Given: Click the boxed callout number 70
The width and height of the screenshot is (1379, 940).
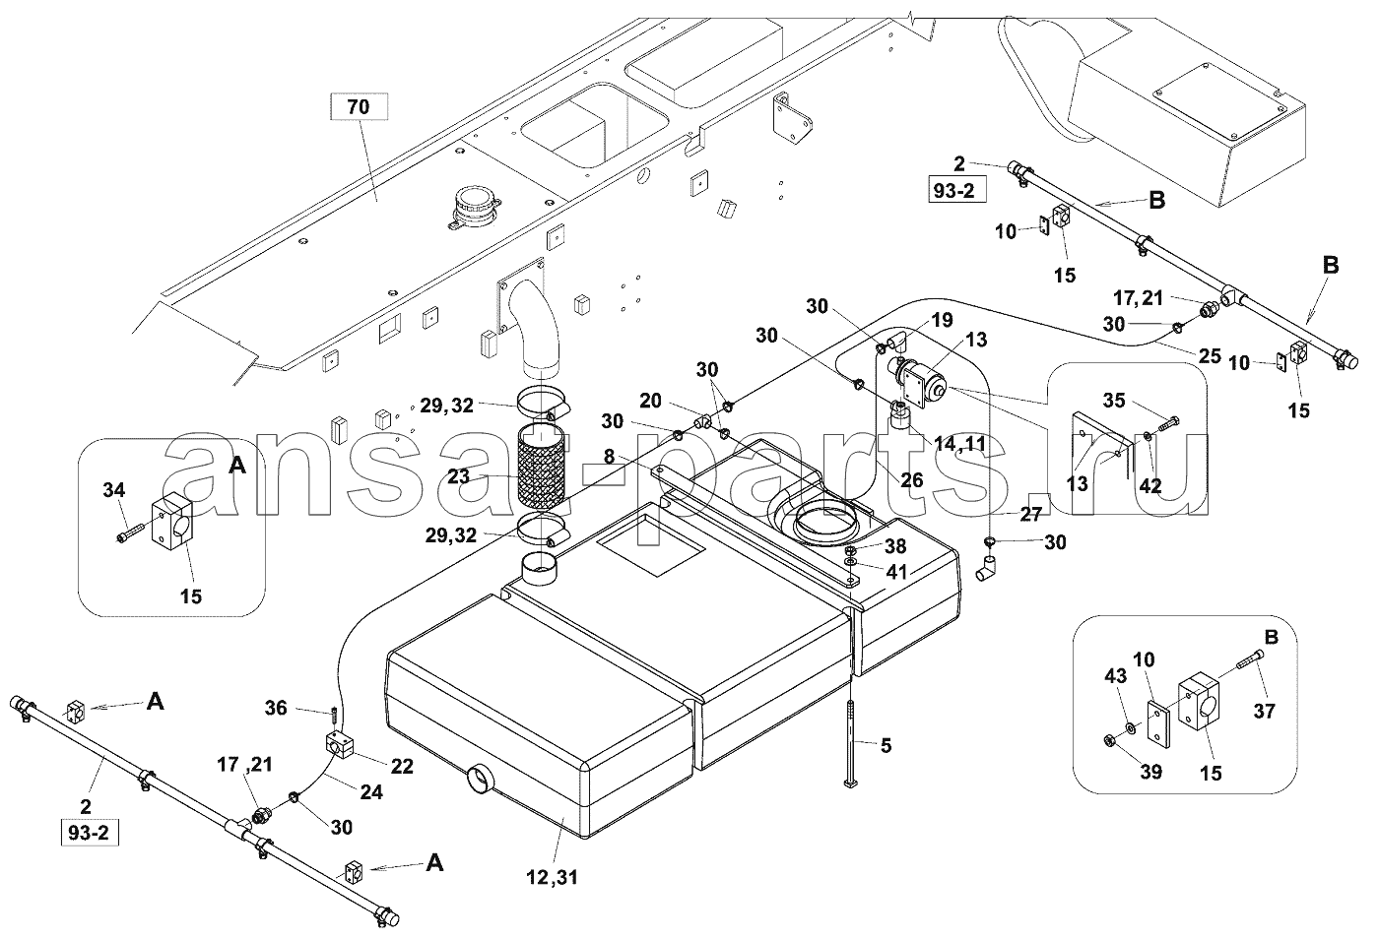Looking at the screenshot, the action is (359, 106).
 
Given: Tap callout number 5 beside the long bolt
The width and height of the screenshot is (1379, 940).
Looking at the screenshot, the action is (886, 746).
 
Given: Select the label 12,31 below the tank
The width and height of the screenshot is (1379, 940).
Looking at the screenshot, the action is (553, 877).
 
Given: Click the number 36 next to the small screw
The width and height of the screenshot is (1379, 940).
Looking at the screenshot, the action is (276, 708).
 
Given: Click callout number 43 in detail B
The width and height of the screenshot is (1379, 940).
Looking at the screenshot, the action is (1115, 676).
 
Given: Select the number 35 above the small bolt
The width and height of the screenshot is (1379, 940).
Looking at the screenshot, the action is (1114, 401).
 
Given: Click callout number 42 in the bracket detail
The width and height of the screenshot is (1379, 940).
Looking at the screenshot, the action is (1150, 485).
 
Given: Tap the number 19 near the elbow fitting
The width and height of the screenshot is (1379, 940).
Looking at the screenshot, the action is (942, 320).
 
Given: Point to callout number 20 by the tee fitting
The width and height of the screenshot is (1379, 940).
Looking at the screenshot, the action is (650, 401).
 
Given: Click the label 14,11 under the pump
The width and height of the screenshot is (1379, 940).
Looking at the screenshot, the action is (959, 445).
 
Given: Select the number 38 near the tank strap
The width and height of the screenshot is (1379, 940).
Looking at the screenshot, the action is (895, 545).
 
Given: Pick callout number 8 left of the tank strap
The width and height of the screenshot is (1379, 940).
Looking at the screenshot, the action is (609, 457).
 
